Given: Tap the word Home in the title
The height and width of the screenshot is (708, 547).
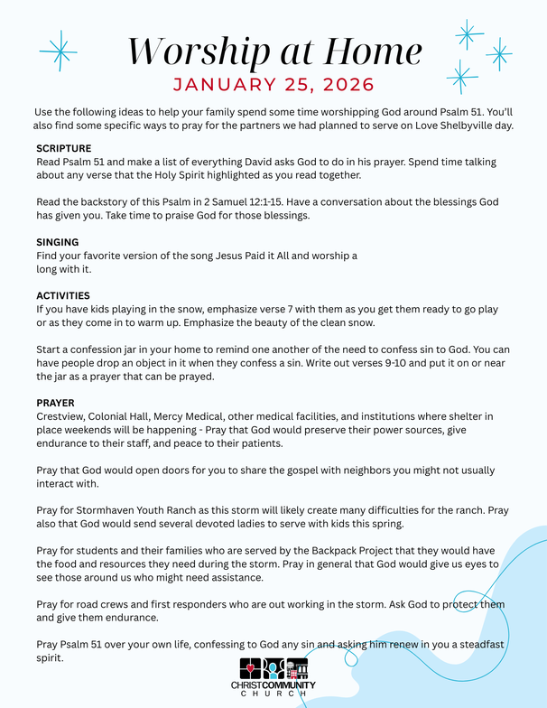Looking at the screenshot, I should click(x=366, y=51).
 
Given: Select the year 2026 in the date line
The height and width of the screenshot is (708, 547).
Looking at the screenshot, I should click(x=344, y=86).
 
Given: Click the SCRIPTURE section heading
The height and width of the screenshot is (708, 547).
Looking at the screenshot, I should click(x=64, y=147).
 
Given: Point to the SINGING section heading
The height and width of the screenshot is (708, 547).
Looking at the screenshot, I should click(x=58, y=242).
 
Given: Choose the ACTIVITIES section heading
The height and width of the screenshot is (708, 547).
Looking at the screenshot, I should click(x=62, y=295).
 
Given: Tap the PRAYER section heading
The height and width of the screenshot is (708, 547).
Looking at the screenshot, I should click(x=55, y=402).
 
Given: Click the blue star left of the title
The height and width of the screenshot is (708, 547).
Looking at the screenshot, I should click(x=59, y=51).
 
